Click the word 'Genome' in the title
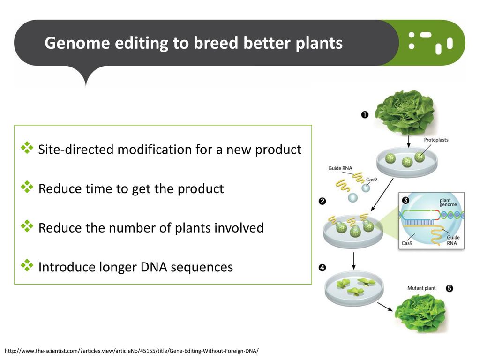pyautogui.click(x=77, y=43)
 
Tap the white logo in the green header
pyautogui.click(x=430, y=43)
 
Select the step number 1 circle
pyautogui.click(x=365, y=114)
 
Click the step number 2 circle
pyautogui.click(x=322, y=201)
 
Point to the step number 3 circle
pyautogui.click(x=405, y=200)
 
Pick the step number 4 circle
pyautogui.click(x=322, y=268)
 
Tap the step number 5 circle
pyautogui.click(x=449, y=288)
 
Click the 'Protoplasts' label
pyautogui.click(x=436, y=140)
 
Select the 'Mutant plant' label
pyautogui.click(x=421, y=288)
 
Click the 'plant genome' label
pyautogui.click(x=448, y=202)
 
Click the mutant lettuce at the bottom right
pyautogui.click(x=420, y=312)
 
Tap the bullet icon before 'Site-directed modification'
pyautogui.click(x=27, y=148)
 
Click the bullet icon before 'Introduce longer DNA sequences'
pyautogui.click(x=27, y=265)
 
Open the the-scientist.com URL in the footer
pyautogui.click(x=132, y=351)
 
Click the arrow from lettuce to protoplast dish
pyautogui.click(x=408, y=141)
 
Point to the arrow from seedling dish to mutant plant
pyautogui.click(x=385, y=307)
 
